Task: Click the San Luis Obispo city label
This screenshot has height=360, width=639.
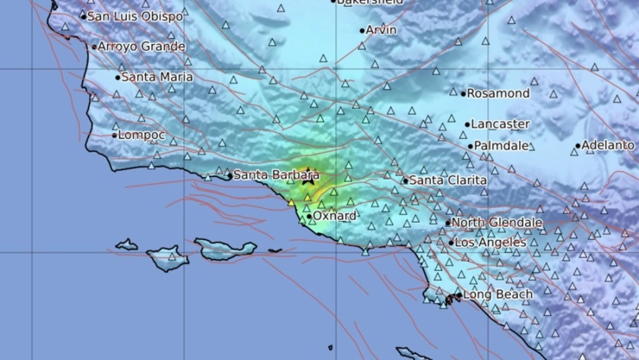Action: point(136,16)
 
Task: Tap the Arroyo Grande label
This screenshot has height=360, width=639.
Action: point(141,47)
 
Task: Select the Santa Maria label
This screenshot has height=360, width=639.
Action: point(157,77)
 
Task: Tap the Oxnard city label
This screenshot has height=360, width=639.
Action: point(335,216)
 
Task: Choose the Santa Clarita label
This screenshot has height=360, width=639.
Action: point(447,180)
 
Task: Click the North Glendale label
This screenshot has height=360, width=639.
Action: point(497,223)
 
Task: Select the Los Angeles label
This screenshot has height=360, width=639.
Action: point(490,243)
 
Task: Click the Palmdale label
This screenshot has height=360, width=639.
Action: point(502,146)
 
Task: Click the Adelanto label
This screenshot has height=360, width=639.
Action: point(608,145)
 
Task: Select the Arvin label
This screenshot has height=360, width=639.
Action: point(381,30)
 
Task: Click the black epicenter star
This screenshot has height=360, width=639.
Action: point(308,180)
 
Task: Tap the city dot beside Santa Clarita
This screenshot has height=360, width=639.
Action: point(405,181)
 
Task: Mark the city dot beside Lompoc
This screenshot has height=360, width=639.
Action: point(114,135)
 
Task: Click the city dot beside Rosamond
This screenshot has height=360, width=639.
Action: point(464,94)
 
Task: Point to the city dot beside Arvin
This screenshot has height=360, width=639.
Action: point(362,31)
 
